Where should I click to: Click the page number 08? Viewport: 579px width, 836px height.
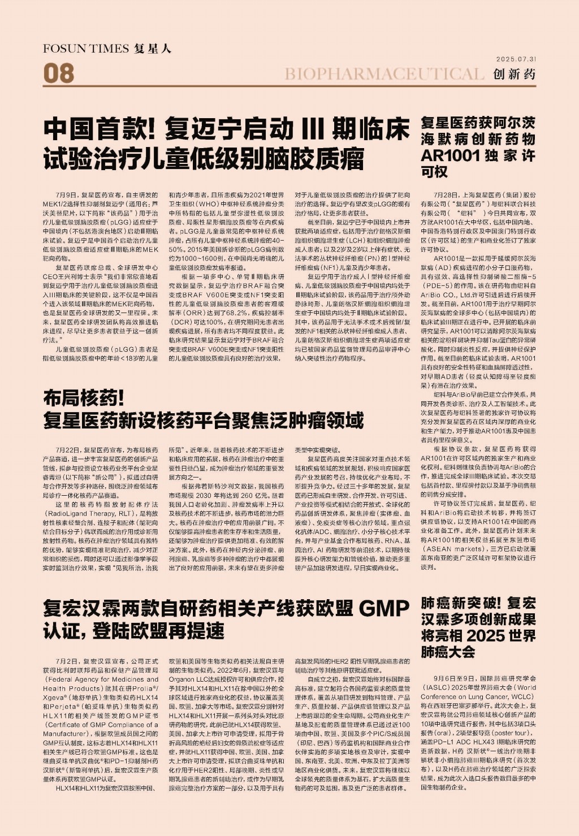point(58,73)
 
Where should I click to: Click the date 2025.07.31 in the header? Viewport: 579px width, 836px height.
point(516,59)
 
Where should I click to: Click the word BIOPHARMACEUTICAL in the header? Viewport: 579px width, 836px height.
point(384,74)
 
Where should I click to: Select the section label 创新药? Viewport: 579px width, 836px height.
point(514,74)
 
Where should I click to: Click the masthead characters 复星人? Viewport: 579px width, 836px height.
point(153,49)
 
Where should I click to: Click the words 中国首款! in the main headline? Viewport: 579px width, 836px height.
point(100,129)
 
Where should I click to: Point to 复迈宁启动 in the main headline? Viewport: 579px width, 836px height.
point(230,129)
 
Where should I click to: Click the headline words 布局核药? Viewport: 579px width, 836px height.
point(84,398)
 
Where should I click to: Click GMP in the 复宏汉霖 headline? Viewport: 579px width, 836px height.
point(384,609)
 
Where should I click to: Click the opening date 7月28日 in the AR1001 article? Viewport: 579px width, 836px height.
point(447,195)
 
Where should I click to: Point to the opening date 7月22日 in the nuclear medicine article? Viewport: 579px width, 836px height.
point(68,450)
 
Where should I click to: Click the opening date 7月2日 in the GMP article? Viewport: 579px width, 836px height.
point(67,661)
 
